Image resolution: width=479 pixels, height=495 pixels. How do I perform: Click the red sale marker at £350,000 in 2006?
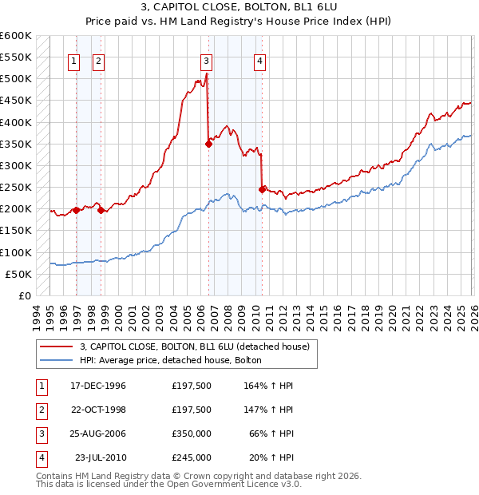coord(208,145)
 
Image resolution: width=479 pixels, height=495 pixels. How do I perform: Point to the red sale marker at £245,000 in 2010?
coord(262,189)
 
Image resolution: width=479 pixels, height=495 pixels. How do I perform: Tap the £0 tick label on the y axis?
coord(24,295)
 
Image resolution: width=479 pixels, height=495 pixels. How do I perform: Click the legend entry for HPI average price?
coord(176,360)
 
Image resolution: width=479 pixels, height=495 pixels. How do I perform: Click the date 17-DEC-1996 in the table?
coord(98,386)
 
